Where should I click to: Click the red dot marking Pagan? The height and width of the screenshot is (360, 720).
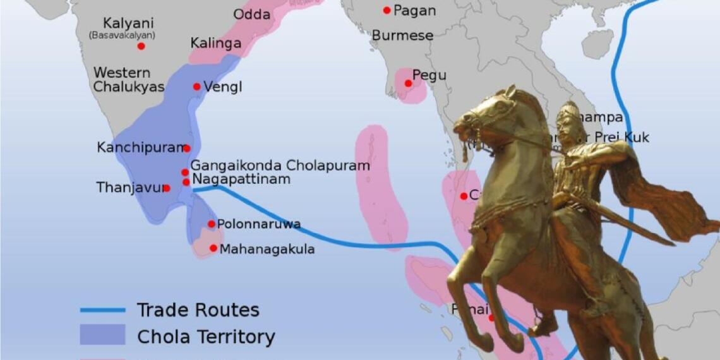[387, 10]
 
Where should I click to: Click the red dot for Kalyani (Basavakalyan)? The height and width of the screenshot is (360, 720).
[141, 46]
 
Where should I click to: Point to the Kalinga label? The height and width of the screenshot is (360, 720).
[215, 44]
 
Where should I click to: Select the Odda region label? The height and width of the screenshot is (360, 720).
[251, 15]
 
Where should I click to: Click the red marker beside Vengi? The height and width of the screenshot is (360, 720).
[196, 87]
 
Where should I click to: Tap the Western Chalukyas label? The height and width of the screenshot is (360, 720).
[129, 80]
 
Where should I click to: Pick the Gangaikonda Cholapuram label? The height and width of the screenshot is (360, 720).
[280, 165]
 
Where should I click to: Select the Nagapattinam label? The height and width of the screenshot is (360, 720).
[241, 179]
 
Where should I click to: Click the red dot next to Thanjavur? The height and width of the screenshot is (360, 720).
[167, 188]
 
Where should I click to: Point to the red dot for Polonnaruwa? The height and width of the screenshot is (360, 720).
[211, 224]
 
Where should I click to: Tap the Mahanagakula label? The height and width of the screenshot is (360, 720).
[267, 249]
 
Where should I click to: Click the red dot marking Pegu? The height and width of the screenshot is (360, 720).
[408, 83]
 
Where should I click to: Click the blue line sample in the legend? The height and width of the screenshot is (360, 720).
[102, 310]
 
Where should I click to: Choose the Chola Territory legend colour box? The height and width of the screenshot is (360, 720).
[102, 335]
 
